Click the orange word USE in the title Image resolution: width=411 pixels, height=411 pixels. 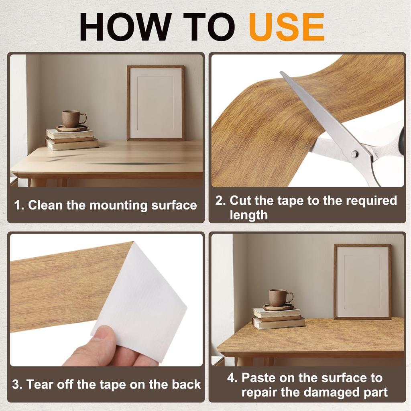click(x=287, y=27)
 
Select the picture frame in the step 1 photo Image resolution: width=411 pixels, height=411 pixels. click(x=156, y=103)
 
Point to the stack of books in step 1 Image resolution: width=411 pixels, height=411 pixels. click(x=72, y=139)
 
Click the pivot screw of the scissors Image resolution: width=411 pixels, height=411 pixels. click(x=355, y=154)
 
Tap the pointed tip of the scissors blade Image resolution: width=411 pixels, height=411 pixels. click(x=281, y=72)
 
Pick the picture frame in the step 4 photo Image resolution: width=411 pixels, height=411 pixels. click(x=362, y=282)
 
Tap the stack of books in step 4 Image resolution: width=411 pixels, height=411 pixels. click(x=279, y=318)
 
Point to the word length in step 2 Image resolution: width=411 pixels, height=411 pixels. click(x=249, y=215)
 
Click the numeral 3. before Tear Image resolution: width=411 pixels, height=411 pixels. click(x=17, y=385)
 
